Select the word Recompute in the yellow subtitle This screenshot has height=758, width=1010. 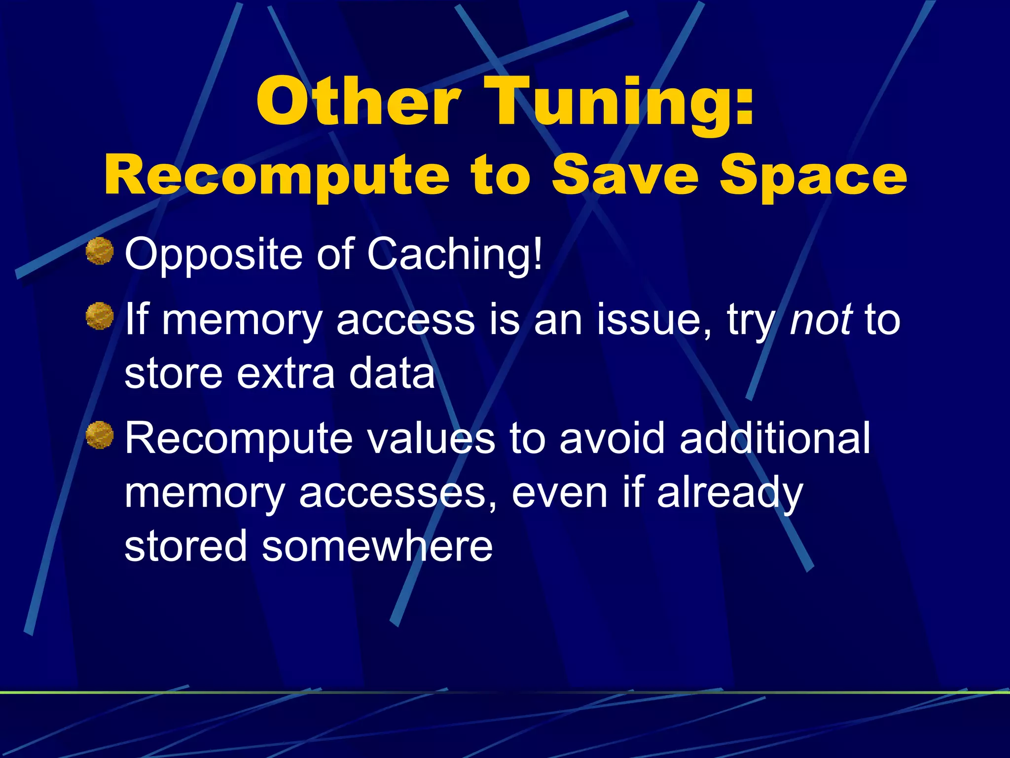point(276,175)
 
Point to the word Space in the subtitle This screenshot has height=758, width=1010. point(813,175)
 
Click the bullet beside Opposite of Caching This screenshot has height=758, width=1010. point(100,251)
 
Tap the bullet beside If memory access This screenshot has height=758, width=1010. point(100,316)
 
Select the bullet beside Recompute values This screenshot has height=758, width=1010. point(100,435)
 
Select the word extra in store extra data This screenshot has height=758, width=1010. point(286,373)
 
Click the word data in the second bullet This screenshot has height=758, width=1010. point(392,373)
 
